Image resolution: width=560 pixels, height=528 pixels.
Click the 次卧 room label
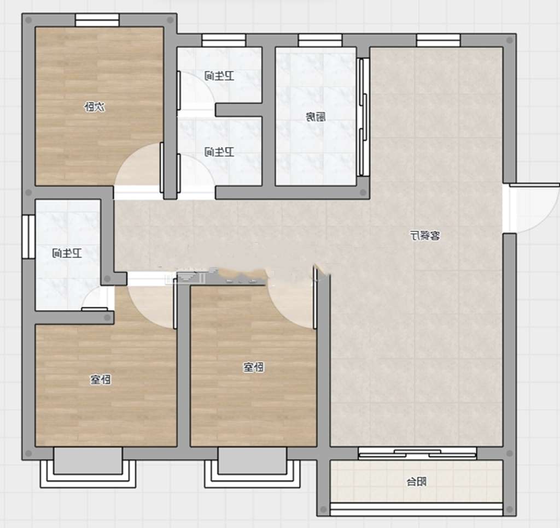tap(95, 106)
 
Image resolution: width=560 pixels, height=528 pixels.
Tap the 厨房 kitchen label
tap(316, 117)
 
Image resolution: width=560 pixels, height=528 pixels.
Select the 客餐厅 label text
tap(424, 235)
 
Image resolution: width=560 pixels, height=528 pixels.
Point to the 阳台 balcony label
tap(416, 482)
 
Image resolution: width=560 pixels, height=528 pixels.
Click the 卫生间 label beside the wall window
tap(67, 253)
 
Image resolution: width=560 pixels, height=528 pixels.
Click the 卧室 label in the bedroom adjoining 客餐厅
tap(254, 367)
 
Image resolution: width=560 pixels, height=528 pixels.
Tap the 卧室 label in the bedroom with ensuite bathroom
tap(101, 379)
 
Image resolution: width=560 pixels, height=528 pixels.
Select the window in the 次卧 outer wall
tap(97, 20)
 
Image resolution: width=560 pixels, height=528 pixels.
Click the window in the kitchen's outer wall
tap(320, 40)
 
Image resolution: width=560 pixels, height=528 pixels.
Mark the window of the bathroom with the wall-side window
tap(28, 236)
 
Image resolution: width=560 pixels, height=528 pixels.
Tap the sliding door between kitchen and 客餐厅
tap(363, 117)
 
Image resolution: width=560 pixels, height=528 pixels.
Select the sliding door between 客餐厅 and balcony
tap(417, 453)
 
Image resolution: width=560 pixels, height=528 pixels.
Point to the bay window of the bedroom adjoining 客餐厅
tap(252, 467)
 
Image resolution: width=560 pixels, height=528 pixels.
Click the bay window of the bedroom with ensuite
tap(88, 467)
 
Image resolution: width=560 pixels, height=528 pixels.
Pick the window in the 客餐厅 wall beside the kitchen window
tap(438, 40)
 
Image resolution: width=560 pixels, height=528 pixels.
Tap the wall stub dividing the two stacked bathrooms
tap(238, 110)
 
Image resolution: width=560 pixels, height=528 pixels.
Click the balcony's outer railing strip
tap(416, 509)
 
